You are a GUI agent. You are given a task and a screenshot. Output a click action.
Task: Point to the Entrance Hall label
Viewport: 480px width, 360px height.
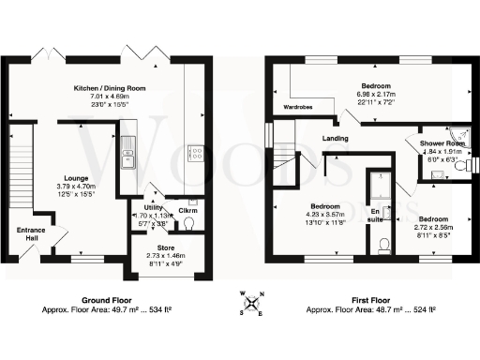pyautogui.click(x=26, y=233)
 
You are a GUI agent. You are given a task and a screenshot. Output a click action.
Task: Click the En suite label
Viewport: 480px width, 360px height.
pyautogui.click(x=379, y=215)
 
